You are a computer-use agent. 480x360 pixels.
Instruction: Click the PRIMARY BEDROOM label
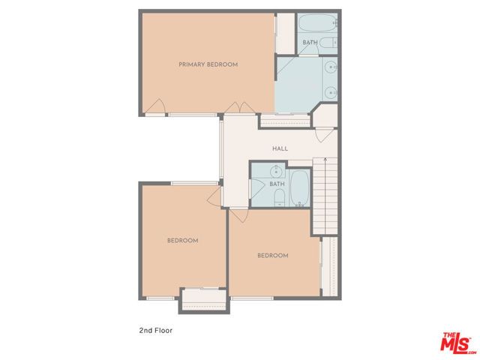coord(208,64)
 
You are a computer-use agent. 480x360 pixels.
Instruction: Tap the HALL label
coord(280,148)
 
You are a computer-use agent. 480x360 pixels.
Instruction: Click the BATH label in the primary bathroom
coord(310,43)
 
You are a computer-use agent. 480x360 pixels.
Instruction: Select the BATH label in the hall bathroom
coord(277,184)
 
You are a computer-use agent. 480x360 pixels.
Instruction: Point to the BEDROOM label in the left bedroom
coord(182,241)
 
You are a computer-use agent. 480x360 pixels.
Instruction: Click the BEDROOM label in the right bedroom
coord(273,256)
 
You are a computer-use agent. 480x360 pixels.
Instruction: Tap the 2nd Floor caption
coord(156,329)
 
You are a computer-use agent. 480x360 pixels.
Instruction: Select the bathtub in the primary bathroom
coord(318,25)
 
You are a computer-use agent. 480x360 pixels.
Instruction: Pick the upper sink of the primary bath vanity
coord(331,69)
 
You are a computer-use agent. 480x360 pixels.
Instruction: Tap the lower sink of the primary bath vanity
coord(331,92)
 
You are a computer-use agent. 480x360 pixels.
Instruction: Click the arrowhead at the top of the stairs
coord(325,160)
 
